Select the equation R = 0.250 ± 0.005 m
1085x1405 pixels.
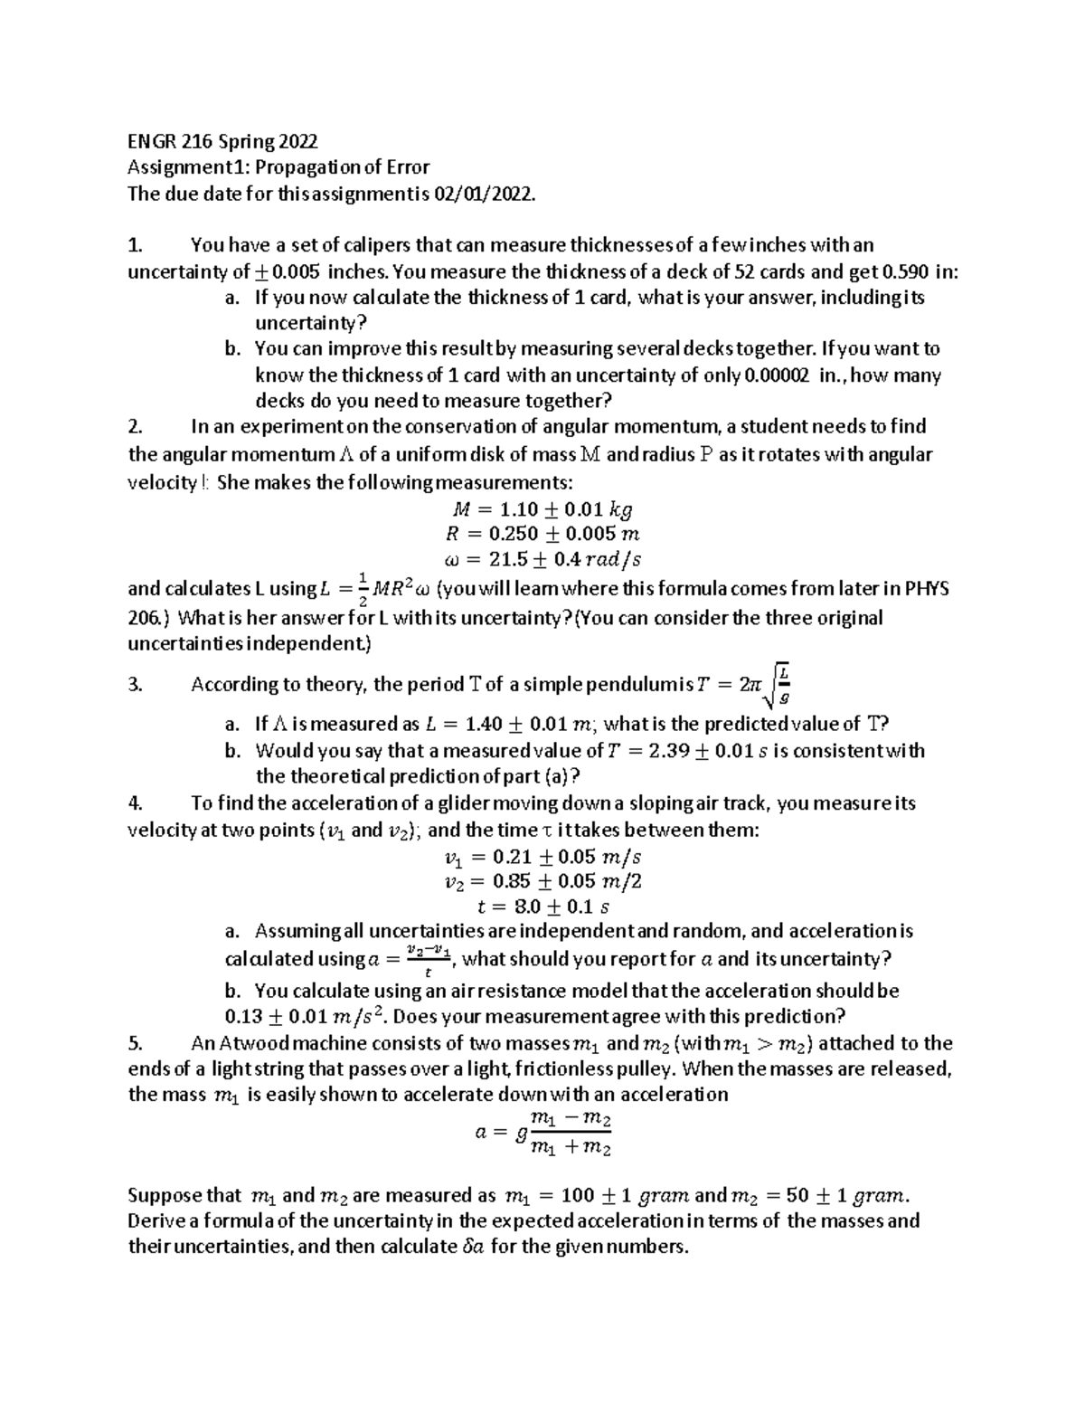[543, 535]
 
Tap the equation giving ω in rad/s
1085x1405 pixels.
[542, 560]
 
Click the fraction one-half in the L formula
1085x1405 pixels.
[362, 590]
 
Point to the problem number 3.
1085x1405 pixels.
[135, 686]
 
